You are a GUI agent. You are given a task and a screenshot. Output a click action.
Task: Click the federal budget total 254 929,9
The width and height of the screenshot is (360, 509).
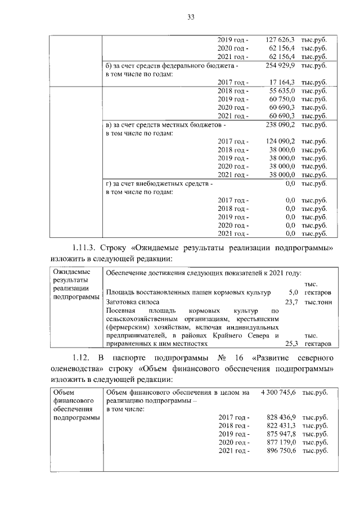click(280, 66)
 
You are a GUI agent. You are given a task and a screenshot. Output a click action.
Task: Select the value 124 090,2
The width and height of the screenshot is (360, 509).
click(280, 141)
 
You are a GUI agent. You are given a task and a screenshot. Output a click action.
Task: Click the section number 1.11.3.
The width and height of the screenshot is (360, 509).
click(86, 248)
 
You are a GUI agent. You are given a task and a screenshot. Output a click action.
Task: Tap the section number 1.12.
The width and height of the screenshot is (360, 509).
click(82, 358)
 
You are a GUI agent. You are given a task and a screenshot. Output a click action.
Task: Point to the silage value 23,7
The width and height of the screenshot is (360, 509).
click(291, 302)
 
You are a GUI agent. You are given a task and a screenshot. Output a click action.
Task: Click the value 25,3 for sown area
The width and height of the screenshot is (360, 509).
click(291, 343)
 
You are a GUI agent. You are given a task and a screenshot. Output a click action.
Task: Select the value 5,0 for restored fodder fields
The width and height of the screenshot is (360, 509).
click(292, 292)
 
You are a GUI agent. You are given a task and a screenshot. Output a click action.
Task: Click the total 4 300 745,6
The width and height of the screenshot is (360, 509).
click(278, 393)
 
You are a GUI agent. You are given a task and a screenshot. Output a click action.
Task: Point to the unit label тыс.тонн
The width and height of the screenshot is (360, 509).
click(317, 302)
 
